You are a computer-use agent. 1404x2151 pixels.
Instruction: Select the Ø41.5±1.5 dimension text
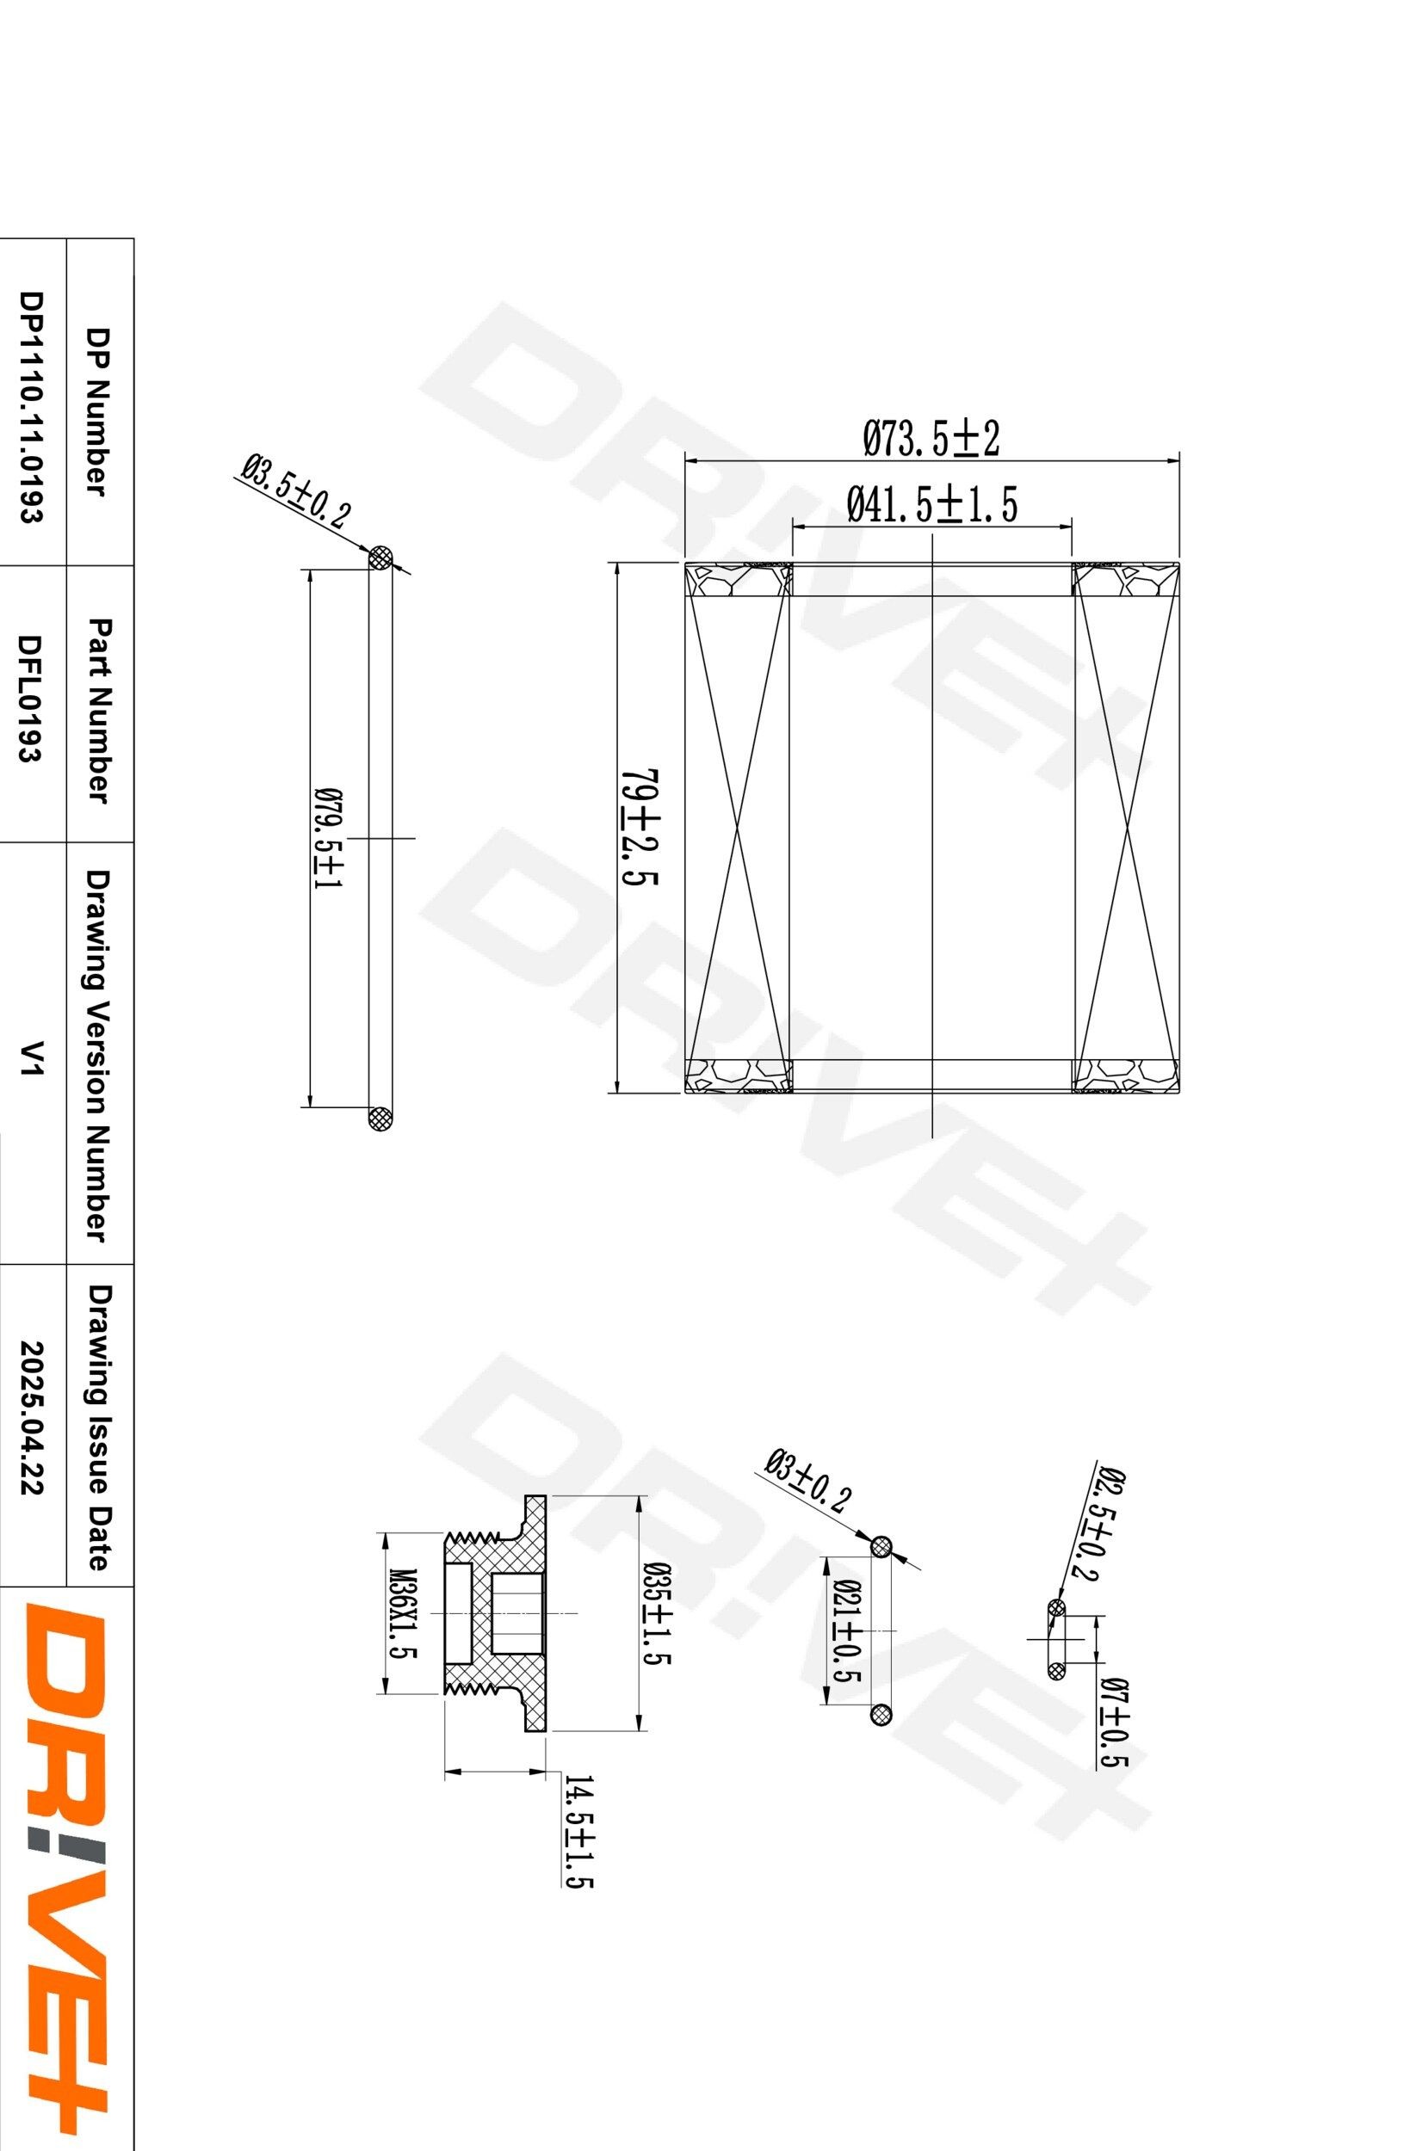tap(932, 504)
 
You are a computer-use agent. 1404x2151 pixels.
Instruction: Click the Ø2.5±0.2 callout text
tap(1098, 1523)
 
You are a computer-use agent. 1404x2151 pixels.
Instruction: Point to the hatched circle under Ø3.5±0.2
tap(380, 558)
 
